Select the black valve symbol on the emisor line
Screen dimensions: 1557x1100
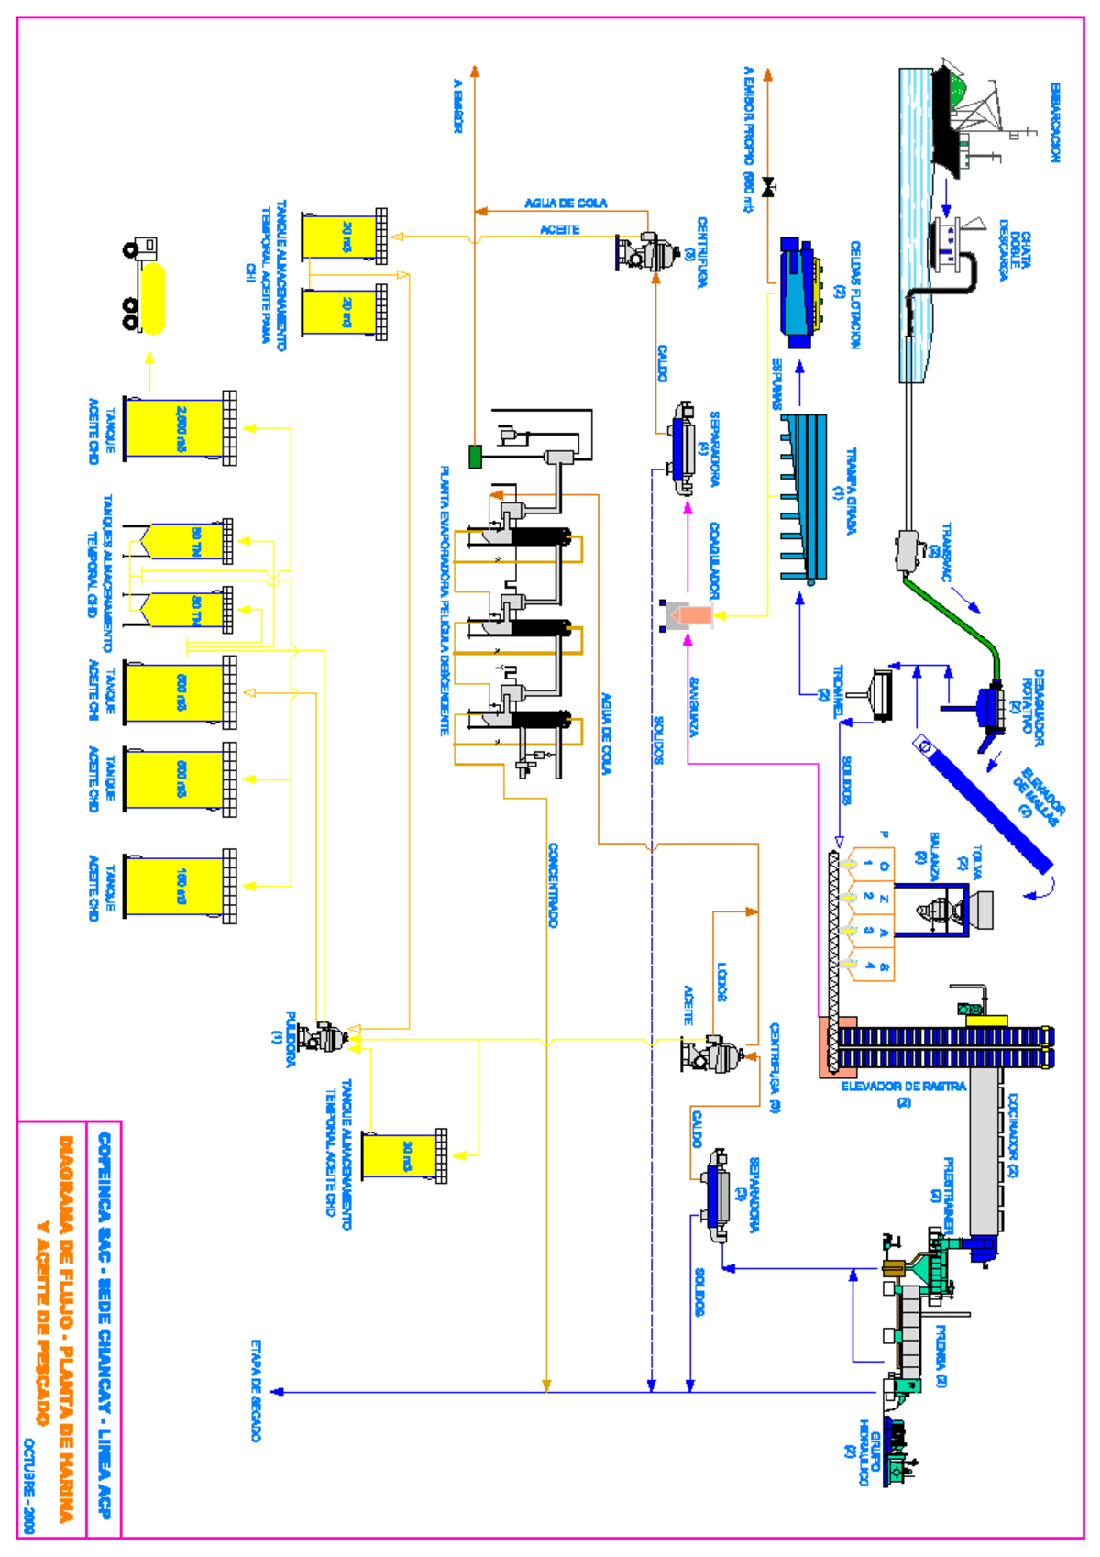[x=769, y=188]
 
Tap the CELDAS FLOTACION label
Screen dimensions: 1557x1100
[x=854, y=294]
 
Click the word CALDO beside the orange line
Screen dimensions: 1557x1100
[x=662, y=363]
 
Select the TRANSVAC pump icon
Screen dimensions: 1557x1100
[x=911, y=550]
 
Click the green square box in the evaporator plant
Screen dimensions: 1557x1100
[x=475, y=456]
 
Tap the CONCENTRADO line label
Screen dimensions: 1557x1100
[x=553, y=885]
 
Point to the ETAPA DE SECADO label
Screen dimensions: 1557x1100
[x=256, y=1390]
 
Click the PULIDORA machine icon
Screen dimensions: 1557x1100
[x=324, y=1037]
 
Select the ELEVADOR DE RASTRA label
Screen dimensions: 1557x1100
[x=903, y=1086]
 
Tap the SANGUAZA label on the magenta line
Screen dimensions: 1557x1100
[x=694, y=707]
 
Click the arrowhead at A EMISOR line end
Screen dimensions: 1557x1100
[x=475, y=72]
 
